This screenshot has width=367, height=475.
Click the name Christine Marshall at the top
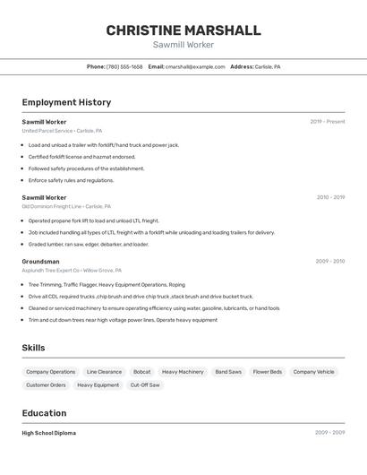tap(183, 30)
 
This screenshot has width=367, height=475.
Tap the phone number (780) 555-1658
tap(124, 67)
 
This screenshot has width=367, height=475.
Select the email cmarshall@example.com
tap(194, 67)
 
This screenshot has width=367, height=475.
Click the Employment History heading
tap(66, 102)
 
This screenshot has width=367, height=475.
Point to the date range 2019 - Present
tap(328, 122)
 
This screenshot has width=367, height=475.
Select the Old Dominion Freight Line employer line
tap(68, 206)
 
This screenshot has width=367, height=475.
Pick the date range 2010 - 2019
tap(330, 197)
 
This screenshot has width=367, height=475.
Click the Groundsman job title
tap(41, 261)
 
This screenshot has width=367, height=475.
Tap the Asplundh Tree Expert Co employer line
tap(72, 270)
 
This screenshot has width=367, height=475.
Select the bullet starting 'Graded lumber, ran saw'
tap(88, 244)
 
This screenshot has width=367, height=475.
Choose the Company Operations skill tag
tap(50, 371)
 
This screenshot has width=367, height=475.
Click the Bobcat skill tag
tap(141, 371)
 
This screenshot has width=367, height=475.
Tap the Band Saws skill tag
tap(228, 371)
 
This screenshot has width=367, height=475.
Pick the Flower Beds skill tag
tap(267, 371)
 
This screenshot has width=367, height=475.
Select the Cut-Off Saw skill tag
tap(145, 385)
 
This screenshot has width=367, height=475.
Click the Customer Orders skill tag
tap(46, 385)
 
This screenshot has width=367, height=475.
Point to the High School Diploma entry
tap(49, 433)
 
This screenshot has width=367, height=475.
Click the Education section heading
tap(44, 413)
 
